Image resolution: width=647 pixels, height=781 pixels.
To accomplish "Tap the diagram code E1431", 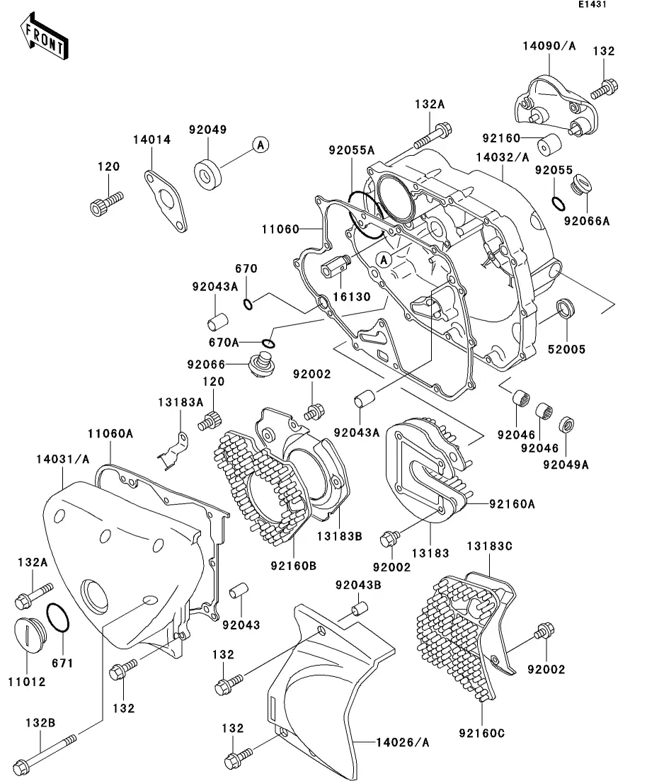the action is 592,4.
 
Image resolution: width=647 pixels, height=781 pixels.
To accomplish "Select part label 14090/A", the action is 549,46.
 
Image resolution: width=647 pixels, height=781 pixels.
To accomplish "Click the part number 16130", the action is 352,297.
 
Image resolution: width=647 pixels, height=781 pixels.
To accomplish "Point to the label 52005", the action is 566,350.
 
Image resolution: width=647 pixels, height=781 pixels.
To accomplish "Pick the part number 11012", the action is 27,682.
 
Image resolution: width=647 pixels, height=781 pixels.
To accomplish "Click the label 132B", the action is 40,723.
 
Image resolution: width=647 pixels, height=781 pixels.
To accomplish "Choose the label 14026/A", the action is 403,743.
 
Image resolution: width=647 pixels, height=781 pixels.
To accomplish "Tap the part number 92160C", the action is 481,734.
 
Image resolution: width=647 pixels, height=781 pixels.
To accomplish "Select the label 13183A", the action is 181,402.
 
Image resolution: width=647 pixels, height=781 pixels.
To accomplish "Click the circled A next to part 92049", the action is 260,145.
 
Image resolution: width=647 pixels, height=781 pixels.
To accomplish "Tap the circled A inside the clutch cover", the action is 384,259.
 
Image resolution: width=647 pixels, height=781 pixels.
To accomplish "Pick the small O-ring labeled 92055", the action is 559,204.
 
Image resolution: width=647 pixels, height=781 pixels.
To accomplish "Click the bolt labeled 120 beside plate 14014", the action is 106,204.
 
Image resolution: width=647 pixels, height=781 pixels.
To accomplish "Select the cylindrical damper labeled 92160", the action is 549,144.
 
